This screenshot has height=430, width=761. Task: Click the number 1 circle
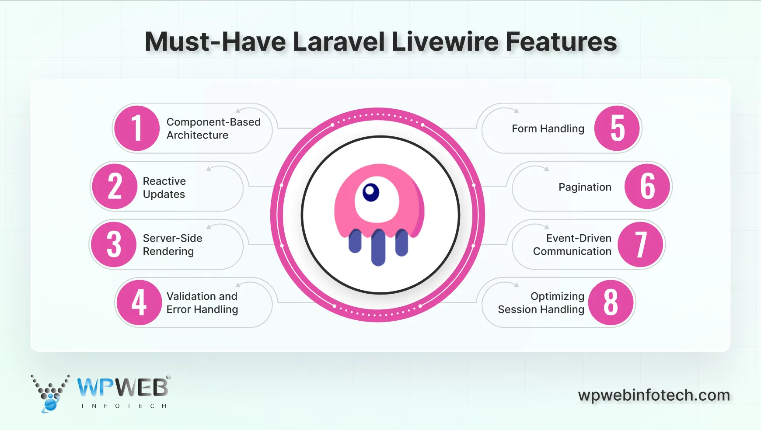pos(136,128)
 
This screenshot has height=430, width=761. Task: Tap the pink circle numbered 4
pos(139,302)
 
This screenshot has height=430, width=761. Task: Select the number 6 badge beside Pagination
pos(647,187)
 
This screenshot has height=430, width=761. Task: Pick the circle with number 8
pos(611,302)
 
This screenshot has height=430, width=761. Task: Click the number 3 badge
pos(114,244)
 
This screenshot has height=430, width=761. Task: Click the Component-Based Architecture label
pos(213,128)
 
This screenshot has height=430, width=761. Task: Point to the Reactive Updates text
pos(164,187)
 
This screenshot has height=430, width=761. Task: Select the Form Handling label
pos(548,128)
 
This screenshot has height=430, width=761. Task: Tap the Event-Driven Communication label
pos(572,245)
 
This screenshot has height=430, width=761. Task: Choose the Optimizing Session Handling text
pos(541,303)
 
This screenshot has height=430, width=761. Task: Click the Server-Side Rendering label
pos(172,245)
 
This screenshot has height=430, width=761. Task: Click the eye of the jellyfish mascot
pos(371,192)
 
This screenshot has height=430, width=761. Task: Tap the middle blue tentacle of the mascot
pos(378,247)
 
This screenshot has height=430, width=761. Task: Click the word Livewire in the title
pos(445,42)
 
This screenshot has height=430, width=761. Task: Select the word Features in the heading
pos(561,42)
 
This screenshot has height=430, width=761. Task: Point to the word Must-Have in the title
pos(215,42)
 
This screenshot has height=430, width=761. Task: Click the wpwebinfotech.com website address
pos(654,395)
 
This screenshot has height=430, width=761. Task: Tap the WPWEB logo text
pos(123,387)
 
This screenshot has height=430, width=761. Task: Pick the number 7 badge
pos(641,245)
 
